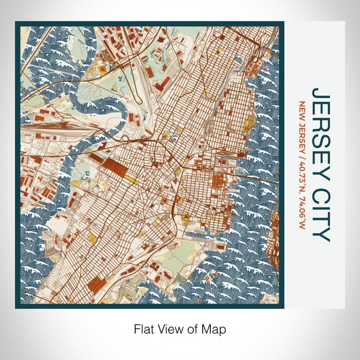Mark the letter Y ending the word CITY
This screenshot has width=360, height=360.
pyautogui.click(x=320, y=234)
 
